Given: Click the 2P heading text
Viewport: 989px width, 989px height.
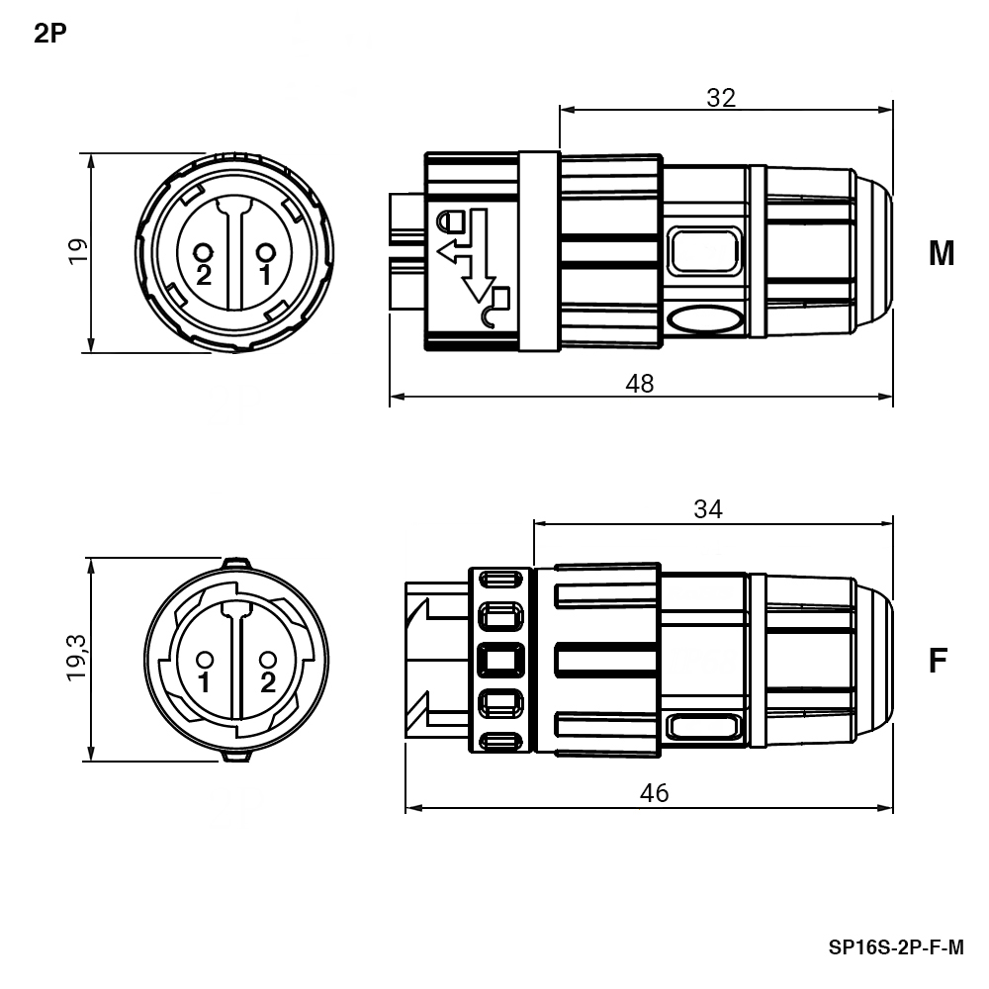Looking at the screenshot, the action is [x=49, y=34].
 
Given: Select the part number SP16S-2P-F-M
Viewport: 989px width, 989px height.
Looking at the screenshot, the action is [x=896, y=947].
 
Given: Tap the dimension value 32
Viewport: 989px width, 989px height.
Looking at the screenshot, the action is [x=721, y=98].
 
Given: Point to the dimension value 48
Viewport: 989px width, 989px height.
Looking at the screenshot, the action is [x=640, y=384].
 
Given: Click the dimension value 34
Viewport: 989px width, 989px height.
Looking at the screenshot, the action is [x=708, y=509].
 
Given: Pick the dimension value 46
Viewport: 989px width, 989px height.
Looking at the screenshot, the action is [x=654, y=793].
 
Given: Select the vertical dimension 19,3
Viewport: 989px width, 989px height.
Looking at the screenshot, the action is [x=77, y=658].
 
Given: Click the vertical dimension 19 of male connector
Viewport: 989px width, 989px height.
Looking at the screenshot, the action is [x=77, y=251].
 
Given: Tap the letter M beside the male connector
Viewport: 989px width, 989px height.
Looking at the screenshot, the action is [x=942, y=253].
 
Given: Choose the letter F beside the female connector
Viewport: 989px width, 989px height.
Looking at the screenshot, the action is [x=939, y=661].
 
